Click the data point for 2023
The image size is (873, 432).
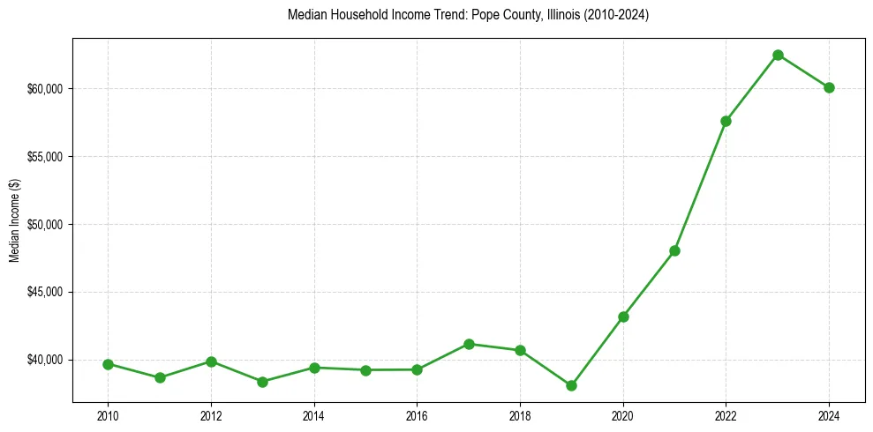778,55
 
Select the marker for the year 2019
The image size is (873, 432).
571,385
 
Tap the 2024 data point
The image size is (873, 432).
829,87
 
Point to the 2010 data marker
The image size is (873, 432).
108,364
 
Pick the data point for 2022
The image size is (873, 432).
726,121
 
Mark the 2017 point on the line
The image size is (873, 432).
469,344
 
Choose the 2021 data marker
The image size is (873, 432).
674,250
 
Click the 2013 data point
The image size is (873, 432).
262,382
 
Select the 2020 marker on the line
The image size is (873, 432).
623,317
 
